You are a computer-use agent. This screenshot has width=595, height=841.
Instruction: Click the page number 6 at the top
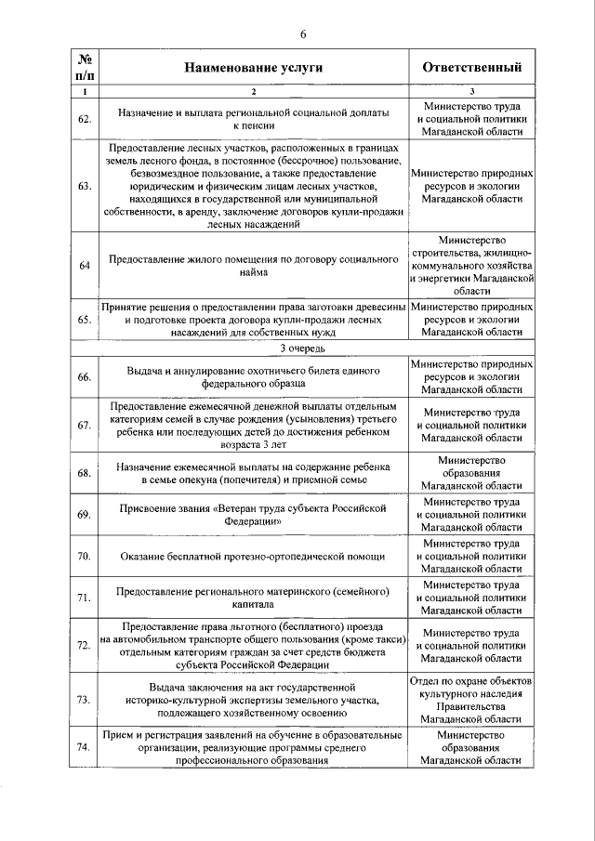[x=303, y=35]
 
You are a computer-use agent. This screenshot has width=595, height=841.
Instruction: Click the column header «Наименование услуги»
[x=252, y=68]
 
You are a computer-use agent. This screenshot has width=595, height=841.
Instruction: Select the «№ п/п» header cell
[x=84, y=67]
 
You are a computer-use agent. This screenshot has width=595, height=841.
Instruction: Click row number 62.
[x=84, y=119]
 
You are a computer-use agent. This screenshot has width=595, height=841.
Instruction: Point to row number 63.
[x=84, y=186]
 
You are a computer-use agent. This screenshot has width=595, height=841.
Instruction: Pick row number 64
[x=84, y=266]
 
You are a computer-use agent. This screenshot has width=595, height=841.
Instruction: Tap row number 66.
[x=84, y=376]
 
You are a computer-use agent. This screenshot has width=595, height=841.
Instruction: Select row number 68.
[x=84, y=473]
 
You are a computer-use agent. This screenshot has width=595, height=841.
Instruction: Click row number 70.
[x=84, y=556]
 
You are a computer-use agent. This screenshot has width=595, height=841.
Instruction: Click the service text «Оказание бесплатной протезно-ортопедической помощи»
[x=252, y=556]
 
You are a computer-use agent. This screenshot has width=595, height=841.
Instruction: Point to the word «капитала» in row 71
[x=252, y=603]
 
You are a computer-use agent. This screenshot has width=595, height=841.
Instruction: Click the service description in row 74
[x=252, y=747]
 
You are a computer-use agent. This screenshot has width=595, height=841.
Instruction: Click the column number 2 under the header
[x=252, y=91]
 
